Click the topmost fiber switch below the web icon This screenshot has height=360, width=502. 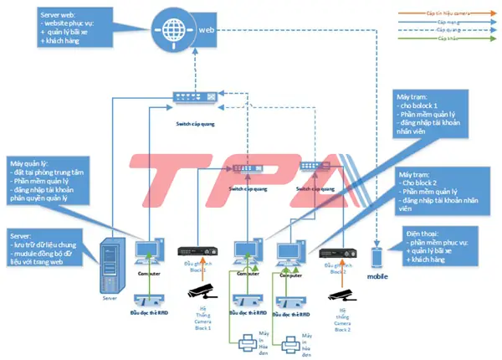tap(191, 97)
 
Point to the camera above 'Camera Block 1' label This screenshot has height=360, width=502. tap(205, 290)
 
